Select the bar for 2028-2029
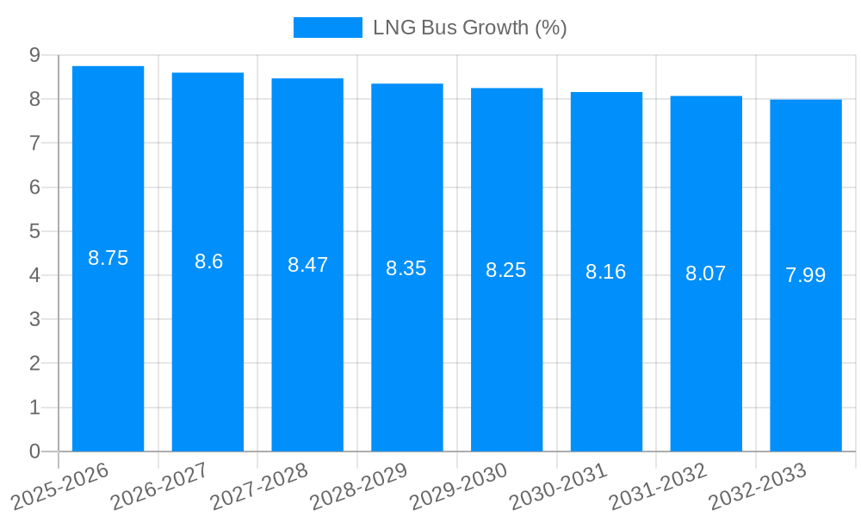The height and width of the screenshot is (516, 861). pyautogui.click(x=407, y=361)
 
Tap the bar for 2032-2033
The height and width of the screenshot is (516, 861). pyautogui.click(x=806, y=361)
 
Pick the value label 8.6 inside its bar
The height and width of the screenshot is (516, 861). pyautogui.click(x=208, y=262)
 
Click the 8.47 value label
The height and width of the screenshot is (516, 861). pyautogui.click(x=307, y=265)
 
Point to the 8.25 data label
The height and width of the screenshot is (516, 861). pyautogui.click(x=505, y=270)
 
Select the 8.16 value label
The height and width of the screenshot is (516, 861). pyautogui.click(x=605, y=273)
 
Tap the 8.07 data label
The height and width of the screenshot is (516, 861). pyautogui.click(x=705, y=274)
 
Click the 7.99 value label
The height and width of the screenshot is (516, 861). pyautogui.click(x=805, y=276)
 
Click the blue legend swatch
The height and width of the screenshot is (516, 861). pyautogui.click(x=327, y=28)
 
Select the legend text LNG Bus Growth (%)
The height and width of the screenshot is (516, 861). pyautogui.click(x=469, y=28)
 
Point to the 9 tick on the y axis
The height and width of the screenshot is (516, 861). pyautogui.click(x=34, y=55)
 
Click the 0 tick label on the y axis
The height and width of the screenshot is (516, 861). pyautogui.click(x=34, y=451)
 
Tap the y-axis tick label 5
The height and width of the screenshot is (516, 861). pyautogui.click(x=34, y=231)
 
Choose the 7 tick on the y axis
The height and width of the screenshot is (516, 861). pyautogui.click(x=34, y=144)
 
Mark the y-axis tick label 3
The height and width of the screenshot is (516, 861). pyautogui.click(x=34, y=320)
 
